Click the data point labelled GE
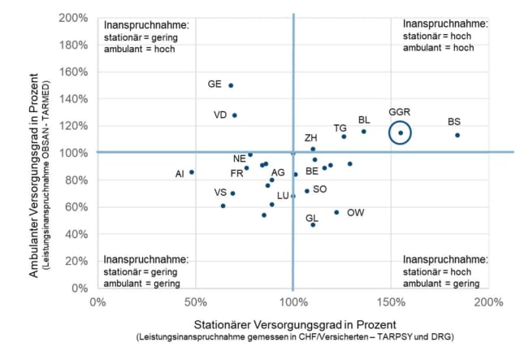(x=231, y=85)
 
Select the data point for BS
(x=457, y=135)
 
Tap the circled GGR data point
(x=400, y=132)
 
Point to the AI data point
(x=192, y=172)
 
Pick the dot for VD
(x=235, y=115)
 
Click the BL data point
(x=364, y=132)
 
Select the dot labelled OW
(x=336, y=212)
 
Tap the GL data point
(x=313, y=224)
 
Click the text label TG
(x=340, y=128)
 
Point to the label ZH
(x=311, y=138)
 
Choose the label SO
(x=320, y=189)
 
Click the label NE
(x=240, y=158)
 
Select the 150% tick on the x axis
(x=391, y=303)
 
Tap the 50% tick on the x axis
(x=195, y=303)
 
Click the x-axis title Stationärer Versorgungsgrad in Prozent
(x=292, y=321)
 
